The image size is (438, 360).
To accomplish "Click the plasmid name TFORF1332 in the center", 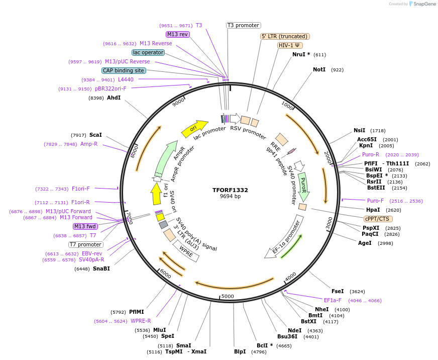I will pos(230,190).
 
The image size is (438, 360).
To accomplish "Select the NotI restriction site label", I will pos(319,70).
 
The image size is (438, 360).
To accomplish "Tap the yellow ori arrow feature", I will pos(194,129).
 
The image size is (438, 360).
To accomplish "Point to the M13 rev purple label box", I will pos(177,34).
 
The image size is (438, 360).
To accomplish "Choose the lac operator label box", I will pos(148,52).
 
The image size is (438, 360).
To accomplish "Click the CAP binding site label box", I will pos(124,71).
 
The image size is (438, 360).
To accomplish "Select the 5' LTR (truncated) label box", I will pos(285,36).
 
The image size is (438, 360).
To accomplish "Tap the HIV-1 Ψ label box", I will pos(290,45).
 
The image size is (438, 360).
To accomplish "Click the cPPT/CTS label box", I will pos(378,219).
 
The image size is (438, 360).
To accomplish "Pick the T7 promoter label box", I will pos(86,244).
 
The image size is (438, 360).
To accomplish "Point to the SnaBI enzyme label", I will pos(101,268).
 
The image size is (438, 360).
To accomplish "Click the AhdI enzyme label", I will pos(114,98).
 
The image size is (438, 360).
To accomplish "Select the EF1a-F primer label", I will pos(333,300).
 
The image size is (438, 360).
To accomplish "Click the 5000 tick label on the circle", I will pos(228,296).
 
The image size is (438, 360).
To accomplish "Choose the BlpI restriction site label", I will pos(240,351).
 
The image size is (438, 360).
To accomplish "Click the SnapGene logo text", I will pos(424,4).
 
